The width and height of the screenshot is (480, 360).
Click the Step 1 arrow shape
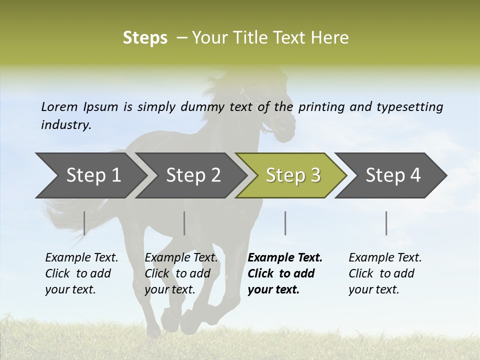coord(93,175)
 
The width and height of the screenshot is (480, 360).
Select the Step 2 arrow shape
coord(193,175)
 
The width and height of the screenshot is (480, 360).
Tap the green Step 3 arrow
coord(292,175)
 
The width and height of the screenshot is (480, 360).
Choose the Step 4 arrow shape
coord(392,175)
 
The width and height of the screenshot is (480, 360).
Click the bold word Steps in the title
coord(145,38)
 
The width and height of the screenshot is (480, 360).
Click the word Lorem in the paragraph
coord(59,106)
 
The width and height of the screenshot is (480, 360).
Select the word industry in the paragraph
coord(65,125)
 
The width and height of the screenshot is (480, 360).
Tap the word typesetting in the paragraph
coord(409,106)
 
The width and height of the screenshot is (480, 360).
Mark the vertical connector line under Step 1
coord(84,223)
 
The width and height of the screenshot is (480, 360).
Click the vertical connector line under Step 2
coord(184,223)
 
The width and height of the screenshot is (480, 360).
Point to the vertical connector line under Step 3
coord(285,223)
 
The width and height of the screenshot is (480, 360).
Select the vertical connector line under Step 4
coord(386,223)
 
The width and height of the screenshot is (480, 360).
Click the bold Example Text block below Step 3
coord(284,273)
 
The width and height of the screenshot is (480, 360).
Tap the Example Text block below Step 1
coord(81,273)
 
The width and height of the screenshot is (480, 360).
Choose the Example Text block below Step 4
coord(384,273)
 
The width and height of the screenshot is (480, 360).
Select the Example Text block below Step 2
coord(181,273)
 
